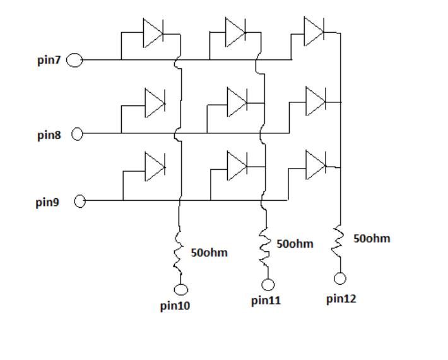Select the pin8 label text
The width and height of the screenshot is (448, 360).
click(49, 135)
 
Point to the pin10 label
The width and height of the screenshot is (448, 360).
click(175, 306)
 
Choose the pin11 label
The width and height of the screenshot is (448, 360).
click(266, 301)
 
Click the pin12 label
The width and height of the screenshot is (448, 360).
click(341, 299)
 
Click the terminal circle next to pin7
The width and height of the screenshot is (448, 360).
click(75, 61)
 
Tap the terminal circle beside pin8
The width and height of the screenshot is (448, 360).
click(78, 134)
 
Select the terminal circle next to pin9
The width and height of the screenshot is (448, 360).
click(80, 202)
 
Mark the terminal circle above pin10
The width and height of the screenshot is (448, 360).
click(182, 290)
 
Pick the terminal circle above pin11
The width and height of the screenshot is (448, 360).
click(268, 284)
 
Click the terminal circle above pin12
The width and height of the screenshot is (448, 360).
click(341, 278)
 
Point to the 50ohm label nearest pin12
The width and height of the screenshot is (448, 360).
click(372, 239)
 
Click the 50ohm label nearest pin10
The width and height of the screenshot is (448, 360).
click(209, 253)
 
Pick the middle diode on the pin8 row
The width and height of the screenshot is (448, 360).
click(237, 100)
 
